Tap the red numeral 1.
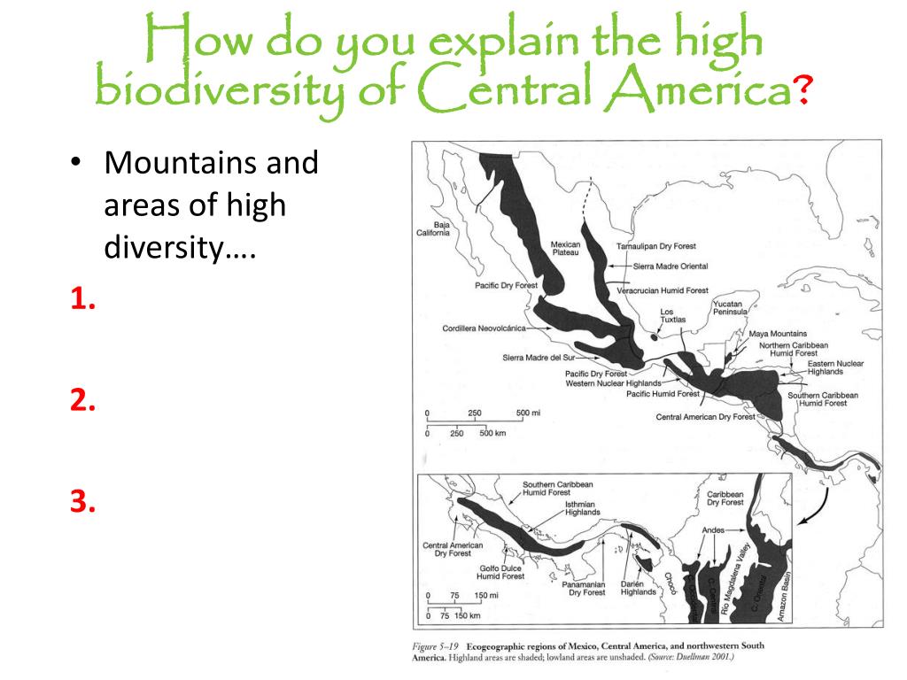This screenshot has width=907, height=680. pos(83,301)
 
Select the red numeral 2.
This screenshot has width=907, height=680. pos(83,401)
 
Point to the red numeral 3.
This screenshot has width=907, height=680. pos(83,502)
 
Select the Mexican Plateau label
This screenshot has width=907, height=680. pos(565,248)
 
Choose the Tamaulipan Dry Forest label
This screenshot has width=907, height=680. pos(656,246)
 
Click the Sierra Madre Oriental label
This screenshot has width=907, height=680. pos(671,267)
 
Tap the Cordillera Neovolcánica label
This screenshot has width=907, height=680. pos(484,328)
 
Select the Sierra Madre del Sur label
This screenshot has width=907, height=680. pos(539,358)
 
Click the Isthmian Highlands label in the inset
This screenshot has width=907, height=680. pos(583,507)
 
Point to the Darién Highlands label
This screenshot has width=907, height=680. pos(639,587)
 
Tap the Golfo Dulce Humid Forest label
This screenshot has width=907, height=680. pos(500,572)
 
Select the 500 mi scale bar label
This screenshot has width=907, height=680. pos(528,413)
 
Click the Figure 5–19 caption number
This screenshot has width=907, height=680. pos(440,645)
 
